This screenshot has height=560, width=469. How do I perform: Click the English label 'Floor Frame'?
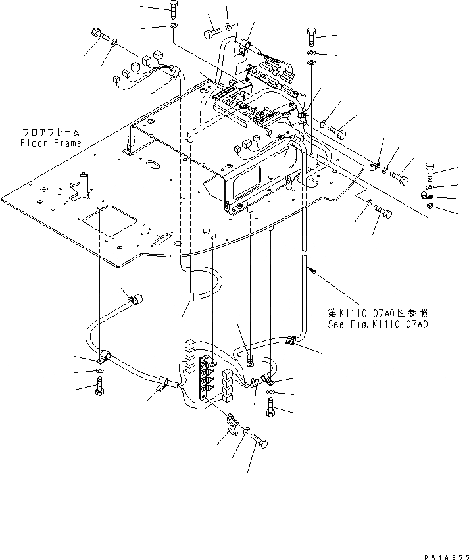(51, 143)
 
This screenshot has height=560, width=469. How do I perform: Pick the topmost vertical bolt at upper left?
(173, 9)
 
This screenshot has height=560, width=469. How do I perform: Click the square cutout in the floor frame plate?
(109, 219)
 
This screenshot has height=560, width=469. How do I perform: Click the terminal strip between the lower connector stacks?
(205, 378)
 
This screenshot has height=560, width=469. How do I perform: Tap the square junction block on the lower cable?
(189, 297)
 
